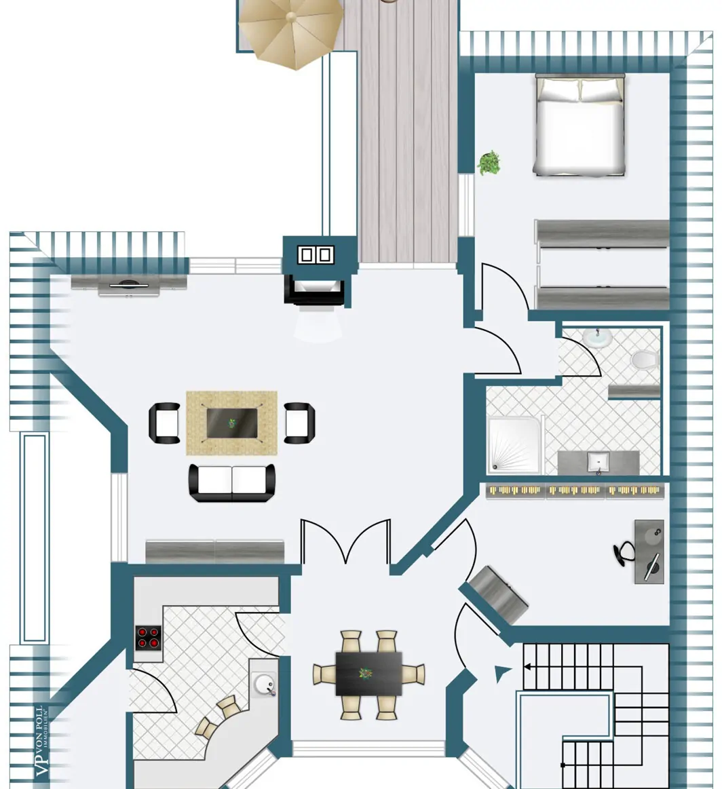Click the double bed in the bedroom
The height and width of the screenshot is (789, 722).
click(x=579, y=125)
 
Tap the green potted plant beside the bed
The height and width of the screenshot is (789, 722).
click(x=489, y=163)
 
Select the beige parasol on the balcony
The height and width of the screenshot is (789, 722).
click(x=290, y=31)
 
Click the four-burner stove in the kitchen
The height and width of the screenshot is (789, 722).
click(x=149, y=638)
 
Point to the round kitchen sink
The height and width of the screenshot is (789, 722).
click(x=265, y=684)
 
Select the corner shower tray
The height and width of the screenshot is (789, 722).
click(x=514, y=444)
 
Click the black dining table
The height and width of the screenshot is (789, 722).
click(x=368, y=674)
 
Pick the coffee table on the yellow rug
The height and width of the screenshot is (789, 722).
click(x=232, y=423)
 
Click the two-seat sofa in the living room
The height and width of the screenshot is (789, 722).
click(x=232, y=482)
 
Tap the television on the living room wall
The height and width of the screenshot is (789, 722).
click(x=128, y=286)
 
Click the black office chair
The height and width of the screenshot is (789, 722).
click(x=625, y=552)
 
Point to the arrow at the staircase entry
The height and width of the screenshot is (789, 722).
click(x=503, y=673)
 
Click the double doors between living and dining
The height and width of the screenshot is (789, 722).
click(x=346, y=541)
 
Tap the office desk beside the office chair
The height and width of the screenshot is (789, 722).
click(x=649, y=551)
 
